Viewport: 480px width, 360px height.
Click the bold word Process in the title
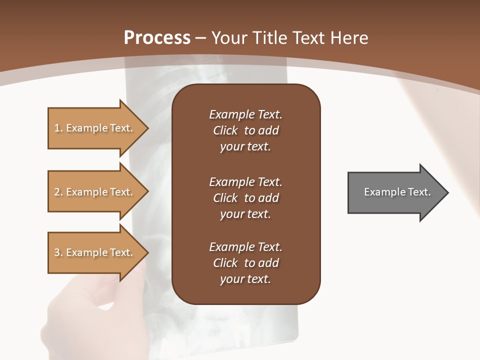157,38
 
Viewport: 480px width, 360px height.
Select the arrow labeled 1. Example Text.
95,128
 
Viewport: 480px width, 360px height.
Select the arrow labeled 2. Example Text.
95,192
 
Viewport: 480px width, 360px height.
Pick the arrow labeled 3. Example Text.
95,252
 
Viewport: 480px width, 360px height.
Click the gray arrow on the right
395,192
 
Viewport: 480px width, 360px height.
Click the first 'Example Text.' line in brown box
245,114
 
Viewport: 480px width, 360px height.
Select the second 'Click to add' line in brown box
245,198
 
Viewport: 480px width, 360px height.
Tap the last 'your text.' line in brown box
245,279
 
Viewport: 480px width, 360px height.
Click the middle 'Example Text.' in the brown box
245,181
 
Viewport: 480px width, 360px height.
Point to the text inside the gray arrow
397,192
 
